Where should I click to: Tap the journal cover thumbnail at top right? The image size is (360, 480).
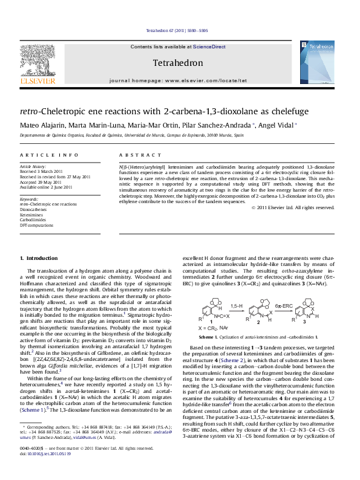pyautogui.click(x=316, y=62)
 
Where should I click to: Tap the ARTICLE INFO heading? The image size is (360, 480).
pyautogui.click(x=49, y=155)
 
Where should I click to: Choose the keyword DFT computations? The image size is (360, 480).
pyautogui.click(x=36, y=225)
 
